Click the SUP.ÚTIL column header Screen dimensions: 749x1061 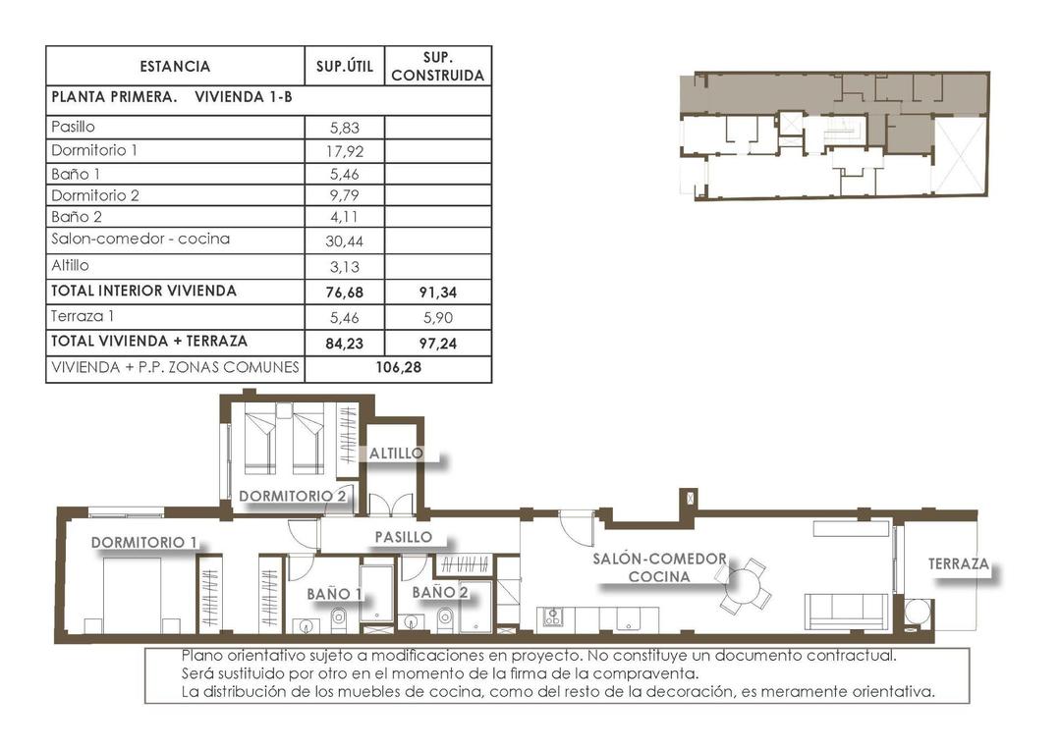pyautogui.click(x=344, y=67)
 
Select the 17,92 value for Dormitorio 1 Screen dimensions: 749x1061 pyautogui.click(x=344, y=151)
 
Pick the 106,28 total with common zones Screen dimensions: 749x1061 pyautogui.click(x=397, y=368)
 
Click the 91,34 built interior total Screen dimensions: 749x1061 pyautogui.click(x=437, y=292)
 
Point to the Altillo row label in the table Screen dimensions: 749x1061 pyautogui.click(x=70, y=265)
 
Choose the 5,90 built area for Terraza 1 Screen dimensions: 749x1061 pyautogui.click(x=437, y=317)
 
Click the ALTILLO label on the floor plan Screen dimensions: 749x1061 pyautogui.click(x=396, y=454)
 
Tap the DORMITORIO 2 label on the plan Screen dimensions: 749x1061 pyautogui.click(x=292, y=496)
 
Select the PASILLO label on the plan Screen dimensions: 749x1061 pyautogui.click(x=403, y=537)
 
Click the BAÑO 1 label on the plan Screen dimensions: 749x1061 pyautogui.click(x=334, y=593)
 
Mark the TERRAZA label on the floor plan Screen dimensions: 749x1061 pyautogui.click(x=958, y=565)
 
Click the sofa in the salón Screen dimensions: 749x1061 pyautogui.click(x=846, y=610)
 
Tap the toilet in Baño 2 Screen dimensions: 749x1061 pyautogui.click(x=443, y=617)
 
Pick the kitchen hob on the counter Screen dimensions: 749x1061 pyautogui.click(x=553, y=616)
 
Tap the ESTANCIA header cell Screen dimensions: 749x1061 pyautogui.click(x=175, y=67)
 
